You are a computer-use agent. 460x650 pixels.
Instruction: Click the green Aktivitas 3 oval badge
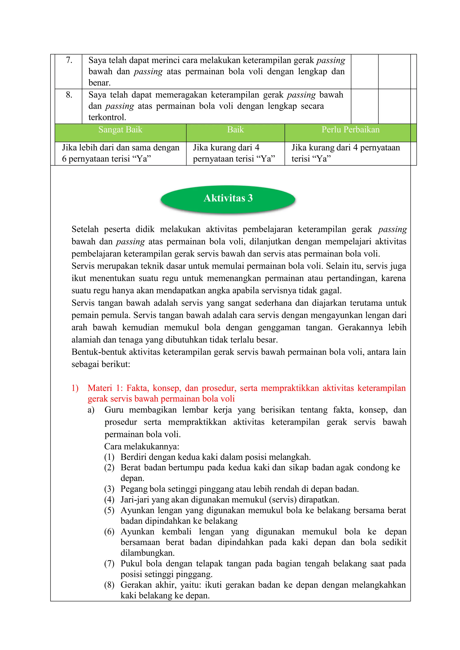coord(228,198)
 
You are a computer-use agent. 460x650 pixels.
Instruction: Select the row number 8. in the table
coord(69,95)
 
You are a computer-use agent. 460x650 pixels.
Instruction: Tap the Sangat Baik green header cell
coord(120,130)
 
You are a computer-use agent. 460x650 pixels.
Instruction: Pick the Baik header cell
coord(235,130)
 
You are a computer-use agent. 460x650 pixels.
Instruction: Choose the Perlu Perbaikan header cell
coord(350,130)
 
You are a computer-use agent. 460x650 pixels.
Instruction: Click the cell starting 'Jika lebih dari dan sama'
coord(120,153)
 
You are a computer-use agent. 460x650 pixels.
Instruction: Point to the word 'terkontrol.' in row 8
coord(107,117)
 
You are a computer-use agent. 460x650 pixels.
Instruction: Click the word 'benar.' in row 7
coord(100,83)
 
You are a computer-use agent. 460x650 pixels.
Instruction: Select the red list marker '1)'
coord(75,388)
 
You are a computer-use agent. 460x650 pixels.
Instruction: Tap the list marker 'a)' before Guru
coord(91,410)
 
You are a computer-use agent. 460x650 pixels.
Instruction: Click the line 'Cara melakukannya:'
coord(142,447)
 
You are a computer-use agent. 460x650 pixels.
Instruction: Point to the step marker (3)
coord(109,489)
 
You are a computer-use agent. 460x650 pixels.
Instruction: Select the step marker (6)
coord(109,532)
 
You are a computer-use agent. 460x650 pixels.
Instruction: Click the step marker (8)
coord(109,585)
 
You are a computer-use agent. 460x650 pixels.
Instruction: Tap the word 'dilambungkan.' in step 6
coord(147,553)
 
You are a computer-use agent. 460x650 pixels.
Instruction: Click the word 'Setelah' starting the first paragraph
coord(85,229)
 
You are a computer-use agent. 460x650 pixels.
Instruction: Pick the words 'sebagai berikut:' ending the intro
coord(101,364)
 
